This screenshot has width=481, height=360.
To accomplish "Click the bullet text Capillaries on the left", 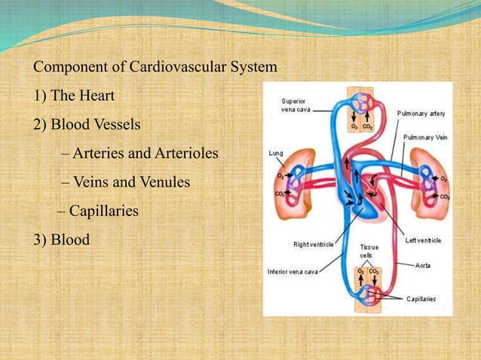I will tap(104, 211).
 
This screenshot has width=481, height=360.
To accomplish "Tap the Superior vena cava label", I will tap(294, 106).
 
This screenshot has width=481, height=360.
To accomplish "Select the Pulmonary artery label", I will tap(421, 114).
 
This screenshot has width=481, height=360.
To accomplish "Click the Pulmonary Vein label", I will tap(423, 138).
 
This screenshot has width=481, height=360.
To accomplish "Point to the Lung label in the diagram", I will tap(276, 152).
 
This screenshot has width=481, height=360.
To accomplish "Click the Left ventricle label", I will tap(422, 240).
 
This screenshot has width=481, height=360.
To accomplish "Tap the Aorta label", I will tap(423, 265).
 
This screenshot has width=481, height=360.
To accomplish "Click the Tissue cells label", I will tap(369, 251).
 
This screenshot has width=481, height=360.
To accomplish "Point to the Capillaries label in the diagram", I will tap(421, 299).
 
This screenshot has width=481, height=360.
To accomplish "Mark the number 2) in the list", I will tap(40, 124).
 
